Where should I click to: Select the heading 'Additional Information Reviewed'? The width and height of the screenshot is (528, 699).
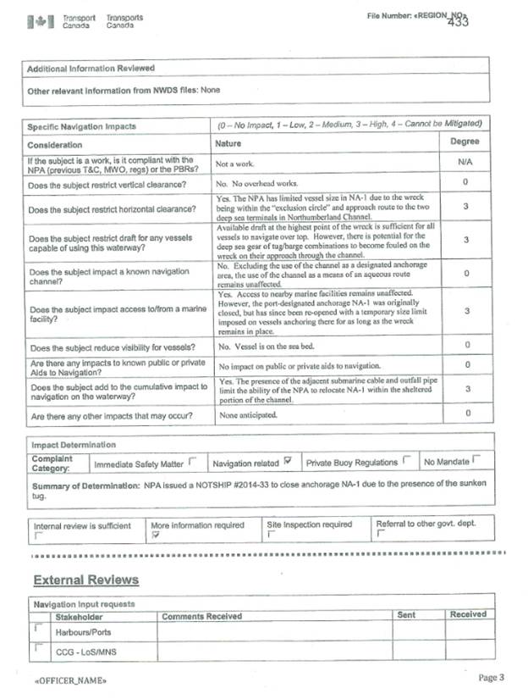pos(91,68)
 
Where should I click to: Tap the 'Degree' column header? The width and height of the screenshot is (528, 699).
pos(465,142)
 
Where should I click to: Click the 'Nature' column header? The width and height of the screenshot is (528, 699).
pos(229,144)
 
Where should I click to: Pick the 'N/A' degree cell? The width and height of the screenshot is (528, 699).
pos(465,162)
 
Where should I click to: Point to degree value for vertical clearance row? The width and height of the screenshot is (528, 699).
pos(465,182)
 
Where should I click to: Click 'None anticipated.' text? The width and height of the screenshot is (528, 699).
pos(249,416)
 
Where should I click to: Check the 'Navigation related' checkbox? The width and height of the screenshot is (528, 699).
pos(289,460)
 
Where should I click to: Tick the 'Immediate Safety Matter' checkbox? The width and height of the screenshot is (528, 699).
pos(191,461)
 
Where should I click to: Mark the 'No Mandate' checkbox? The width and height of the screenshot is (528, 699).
pos(476,460)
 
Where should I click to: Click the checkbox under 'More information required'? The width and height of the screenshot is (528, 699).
pos(155,535)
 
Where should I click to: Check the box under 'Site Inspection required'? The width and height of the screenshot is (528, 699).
pos(271,535)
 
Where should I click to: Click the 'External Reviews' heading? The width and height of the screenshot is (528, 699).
pos(85,580)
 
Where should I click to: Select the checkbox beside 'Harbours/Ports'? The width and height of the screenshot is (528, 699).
pos(37,630)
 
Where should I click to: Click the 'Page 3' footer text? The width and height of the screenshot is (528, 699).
pos(491,678)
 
